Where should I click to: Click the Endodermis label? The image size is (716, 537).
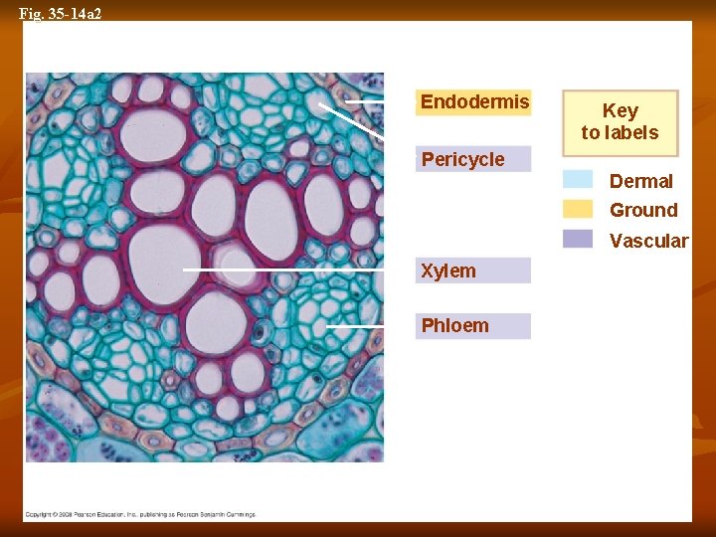pyautogui.click(x=473, y=102)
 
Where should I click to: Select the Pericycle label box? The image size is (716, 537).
pyautogui.click(x=473, y=159)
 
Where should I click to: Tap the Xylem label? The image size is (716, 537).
pyautogui.click(x=473, y=270)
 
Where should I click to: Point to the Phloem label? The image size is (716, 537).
pyautogui.click(x=473, y=326)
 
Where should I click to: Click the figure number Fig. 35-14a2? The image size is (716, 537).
pyautogui.click(x=61, y=13)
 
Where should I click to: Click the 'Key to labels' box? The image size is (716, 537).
pyautogui.click(x=620, y=123)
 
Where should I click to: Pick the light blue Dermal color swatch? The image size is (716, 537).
pyautogui.click(x=578, y=180)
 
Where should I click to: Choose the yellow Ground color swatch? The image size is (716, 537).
pyautogui.click(x=578, y=209)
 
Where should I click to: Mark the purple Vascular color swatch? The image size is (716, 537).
pyautogui.click(x=578, y=239)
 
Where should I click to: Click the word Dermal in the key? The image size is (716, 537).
pyautogui.click(x=640, y=181)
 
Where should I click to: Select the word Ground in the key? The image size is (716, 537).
pyautogui.click(x=643, y=210)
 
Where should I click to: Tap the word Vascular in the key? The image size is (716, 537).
pyautogui.click(x=648, y=241)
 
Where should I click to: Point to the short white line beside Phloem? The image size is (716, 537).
pyautogui.click(x=355, y=325)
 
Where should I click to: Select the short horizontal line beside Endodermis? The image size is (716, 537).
pyautogui.click(x=364, y=101)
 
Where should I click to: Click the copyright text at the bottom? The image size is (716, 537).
pyautogui.click(x=139, y=514)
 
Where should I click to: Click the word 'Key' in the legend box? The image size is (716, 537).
pyautogui.click(x=620, y=110)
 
